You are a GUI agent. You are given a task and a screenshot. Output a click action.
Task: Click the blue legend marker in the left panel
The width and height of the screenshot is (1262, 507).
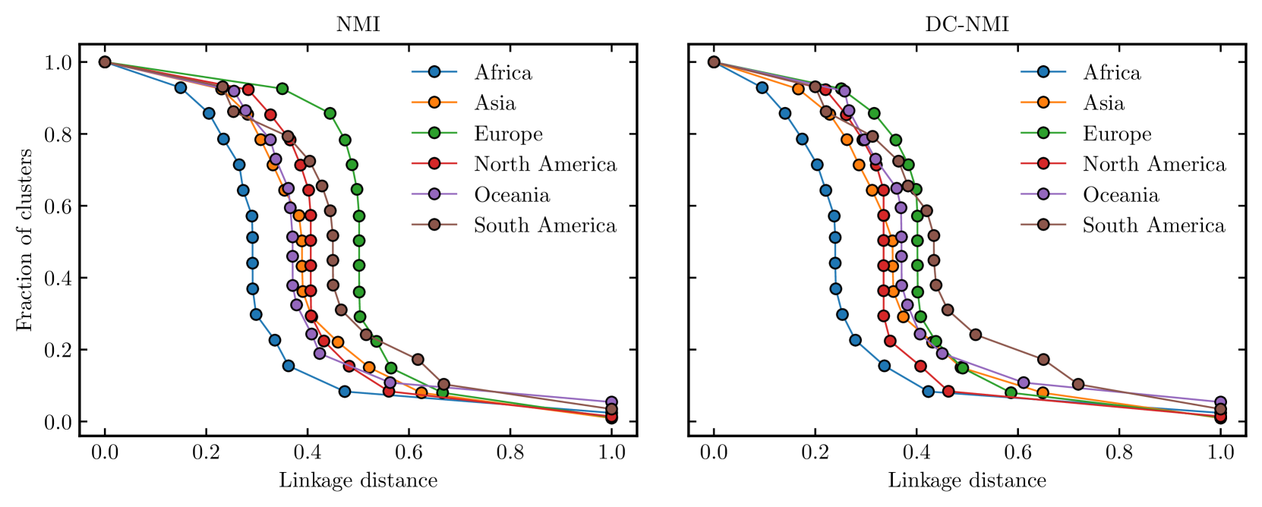point(434,72)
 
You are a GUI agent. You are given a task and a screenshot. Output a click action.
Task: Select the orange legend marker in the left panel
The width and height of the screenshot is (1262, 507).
point(434,102)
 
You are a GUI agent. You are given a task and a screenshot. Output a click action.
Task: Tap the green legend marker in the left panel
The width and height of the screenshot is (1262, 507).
point(434,133)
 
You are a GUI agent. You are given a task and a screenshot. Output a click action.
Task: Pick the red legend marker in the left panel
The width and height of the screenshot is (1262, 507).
point(434,163)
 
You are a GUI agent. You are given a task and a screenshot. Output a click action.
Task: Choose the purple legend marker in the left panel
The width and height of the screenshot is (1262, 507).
point(434,194)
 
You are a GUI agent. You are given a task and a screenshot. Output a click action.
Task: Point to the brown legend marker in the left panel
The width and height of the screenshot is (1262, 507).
point(434,225)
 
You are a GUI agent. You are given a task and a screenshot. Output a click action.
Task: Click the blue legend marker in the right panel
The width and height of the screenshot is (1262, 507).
point(1043,72)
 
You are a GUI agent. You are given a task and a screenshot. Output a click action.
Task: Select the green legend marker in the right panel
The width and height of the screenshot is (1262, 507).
point(1043,133)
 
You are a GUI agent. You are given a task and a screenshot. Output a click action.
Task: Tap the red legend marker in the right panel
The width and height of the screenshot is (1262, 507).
point(1043,163)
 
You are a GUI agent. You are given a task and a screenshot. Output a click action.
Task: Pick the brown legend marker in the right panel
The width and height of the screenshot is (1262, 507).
point(1043,225)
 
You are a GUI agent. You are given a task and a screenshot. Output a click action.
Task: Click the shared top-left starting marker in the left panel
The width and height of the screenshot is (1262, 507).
point(105,62)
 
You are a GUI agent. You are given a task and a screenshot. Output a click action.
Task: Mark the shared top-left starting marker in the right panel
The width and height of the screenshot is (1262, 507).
point(714,62)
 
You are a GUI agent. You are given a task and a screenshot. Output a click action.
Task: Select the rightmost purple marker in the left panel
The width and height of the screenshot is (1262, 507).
point(611,402)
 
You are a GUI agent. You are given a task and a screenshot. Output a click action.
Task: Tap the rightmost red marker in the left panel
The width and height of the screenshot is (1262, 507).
point(611,416)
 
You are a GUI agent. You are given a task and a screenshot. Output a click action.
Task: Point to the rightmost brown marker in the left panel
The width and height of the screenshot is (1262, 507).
point(611,409)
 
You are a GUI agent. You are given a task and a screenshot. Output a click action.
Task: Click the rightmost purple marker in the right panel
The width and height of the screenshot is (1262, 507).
point(1220,402)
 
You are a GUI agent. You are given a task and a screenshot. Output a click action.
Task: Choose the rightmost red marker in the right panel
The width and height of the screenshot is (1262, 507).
point(1220,416)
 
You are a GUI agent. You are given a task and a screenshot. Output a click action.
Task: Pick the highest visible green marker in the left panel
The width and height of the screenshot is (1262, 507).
point(282,89)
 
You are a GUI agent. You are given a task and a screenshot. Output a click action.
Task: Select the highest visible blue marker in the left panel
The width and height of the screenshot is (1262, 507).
point(181,88)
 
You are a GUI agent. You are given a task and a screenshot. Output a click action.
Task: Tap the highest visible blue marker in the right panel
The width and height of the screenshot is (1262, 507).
point(762,88)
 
